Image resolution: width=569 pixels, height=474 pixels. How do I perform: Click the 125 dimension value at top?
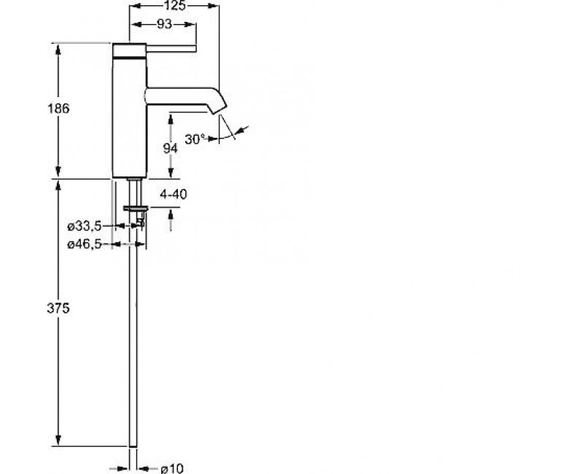tap(174, 5)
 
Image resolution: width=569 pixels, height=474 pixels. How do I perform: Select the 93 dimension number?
tap(164, 24)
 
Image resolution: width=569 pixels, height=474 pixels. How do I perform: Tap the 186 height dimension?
tap(58, 109)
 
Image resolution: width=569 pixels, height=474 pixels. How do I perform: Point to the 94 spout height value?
tap(170, 148)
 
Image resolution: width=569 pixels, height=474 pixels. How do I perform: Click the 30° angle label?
tap(195, 139)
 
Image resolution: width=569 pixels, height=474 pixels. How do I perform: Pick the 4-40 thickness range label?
tap(174, 195)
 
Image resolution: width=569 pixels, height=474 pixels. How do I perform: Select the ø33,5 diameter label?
tap(85, 226)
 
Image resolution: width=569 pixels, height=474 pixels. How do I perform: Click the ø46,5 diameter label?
tap(85, 244)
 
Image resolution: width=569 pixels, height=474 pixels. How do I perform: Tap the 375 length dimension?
tap(58, 308)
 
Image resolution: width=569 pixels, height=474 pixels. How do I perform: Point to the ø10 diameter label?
tap(172, 468)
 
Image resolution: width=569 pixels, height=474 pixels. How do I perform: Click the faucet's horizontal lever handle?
tap(171, 49)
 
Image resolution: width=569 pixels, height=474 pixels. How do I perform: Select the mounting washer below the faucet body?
tap(136, 208)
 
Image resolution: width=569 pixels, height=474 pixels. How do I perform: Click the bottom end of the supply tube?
tap(133, 446)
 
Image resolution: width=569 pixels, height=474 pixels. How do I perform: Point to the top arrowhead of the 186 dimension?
tap(58, 49)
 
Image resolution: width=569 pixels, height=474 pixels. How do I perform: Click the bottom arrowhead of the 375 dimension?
tap(58, 440)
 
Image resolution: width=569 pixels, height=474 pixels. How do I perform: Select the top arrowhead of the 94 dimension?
tap(171, 119)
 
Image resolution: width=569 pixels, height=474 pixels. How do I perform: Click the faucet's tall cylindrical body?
tap(129, 110)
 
